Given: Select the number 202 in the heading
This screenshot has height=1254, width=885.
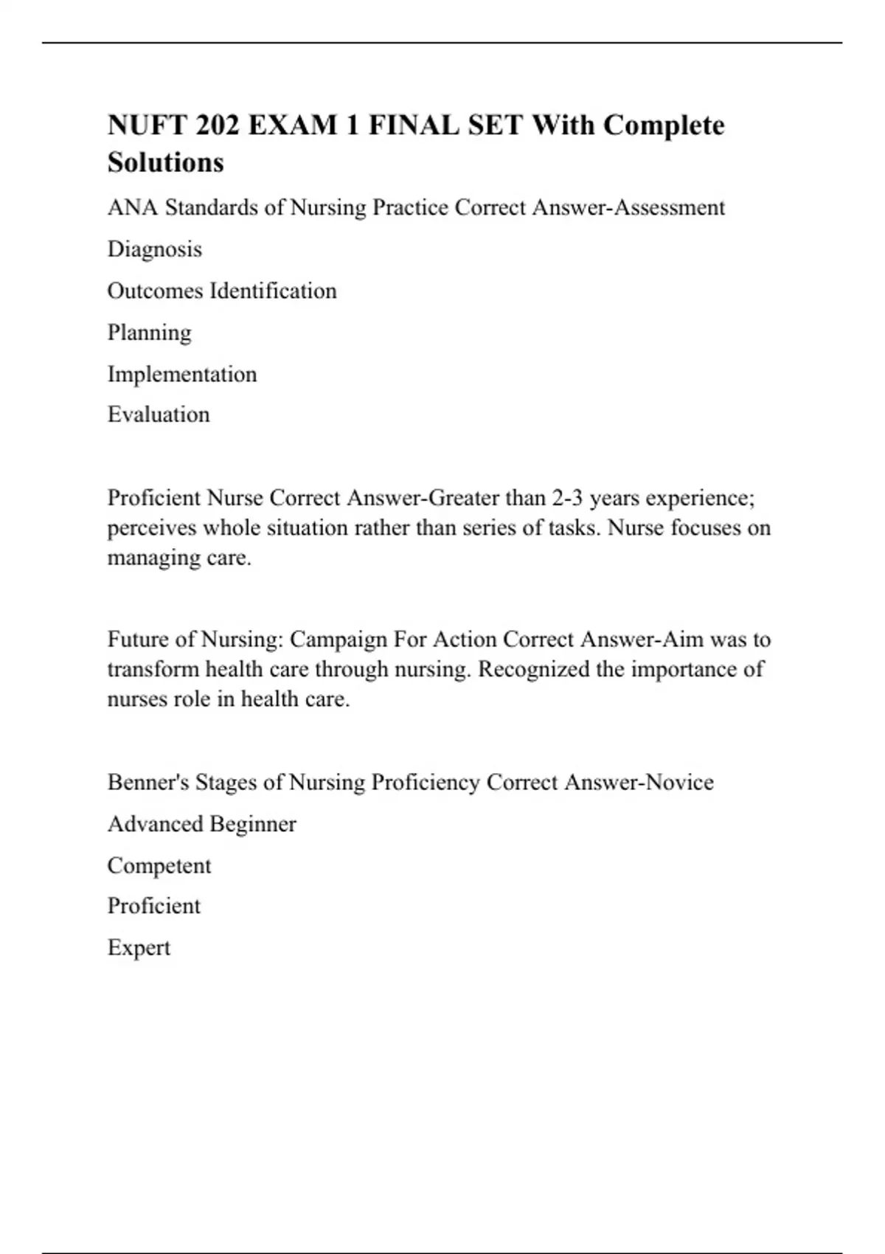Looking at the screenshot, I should (x=218, y=125).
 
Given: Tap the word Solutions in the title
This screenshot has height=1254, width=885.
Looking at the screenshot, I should (x=165, y=162).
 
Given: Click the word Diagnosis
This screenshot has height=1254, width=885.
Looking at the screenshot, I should (x=154, y=249).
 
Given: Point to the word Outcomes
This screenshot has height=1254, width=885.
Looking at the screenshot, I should (x=155, y=291).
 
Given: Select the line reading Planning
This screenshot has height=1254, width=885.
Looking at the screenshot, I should (x=149, y=333).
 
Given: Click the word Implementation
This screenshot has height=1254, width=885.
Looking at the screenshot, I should (x=182, y=374).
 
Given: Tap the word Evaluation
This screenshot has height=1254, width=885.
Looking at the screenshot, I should (x=159, y=415).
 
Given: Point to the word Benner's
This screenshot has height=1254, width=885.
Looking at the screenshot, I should (x=148, y=782).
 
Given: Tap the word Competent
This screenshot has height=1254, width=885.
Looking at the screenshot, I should (x=159, y=865).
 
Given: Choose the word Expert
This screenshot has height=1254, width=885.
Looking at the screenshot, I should (x=139, y=948).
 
